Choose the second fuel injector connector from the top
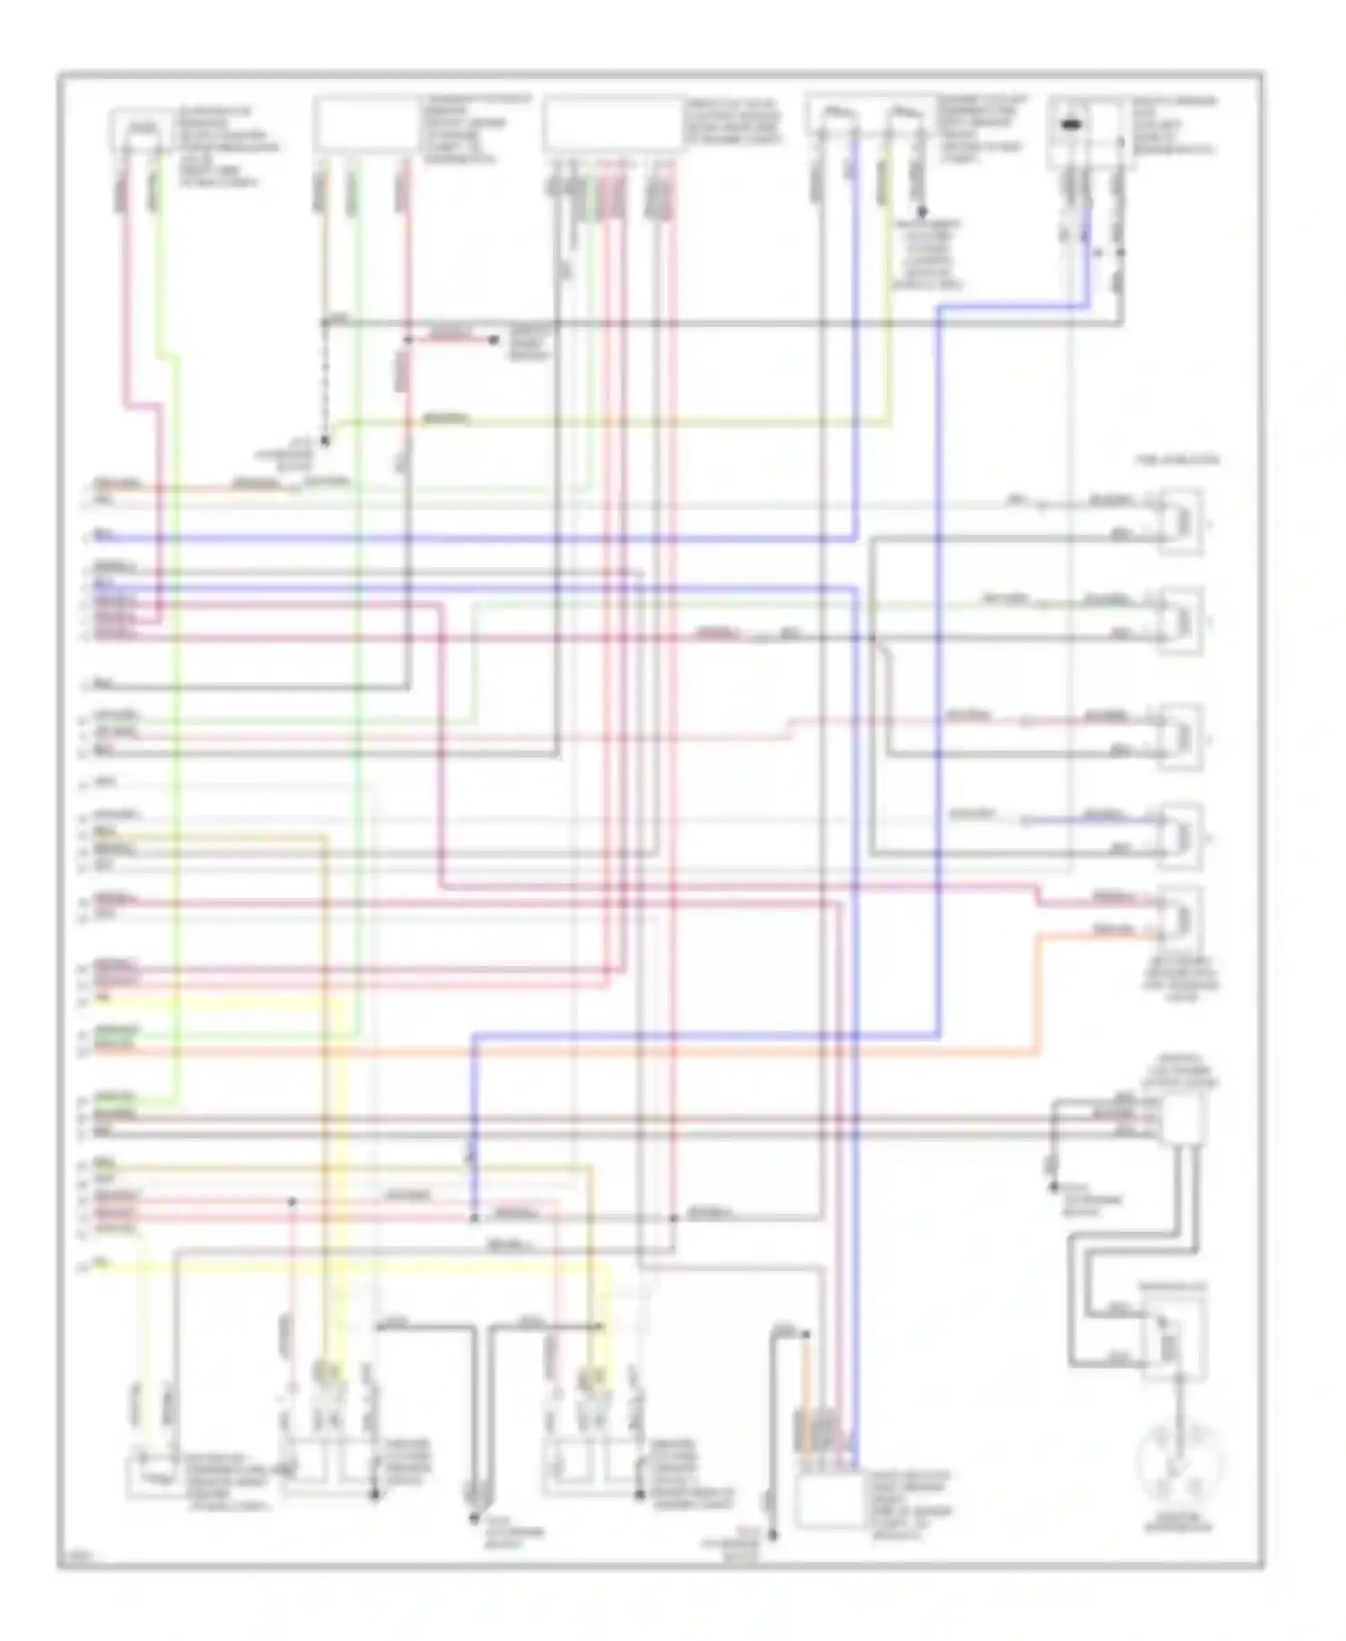click(x=1180, y=620)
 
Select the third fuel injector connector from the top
click(x=1180, y=737)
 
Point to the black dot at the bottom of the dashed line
click(x=325, y=442)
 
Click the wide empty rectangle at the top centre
click(x=612, y=124)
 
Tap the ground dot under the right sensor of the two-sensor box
click(x=919, y=216)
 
